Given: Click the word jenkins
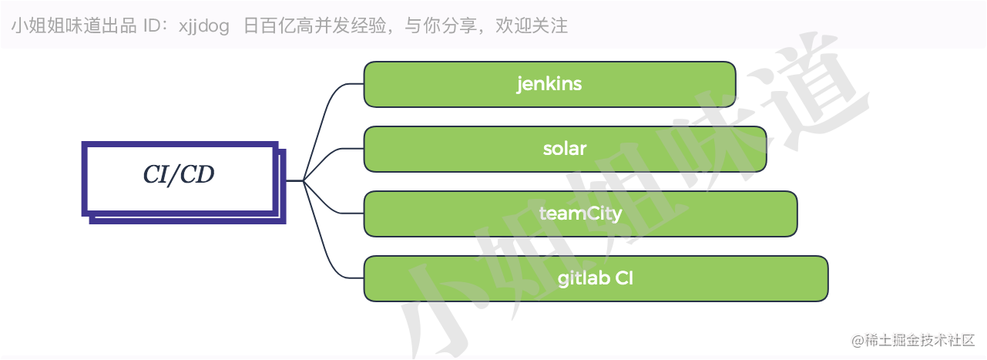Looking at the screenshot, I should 549,84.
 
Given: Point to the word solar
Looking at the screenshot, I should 565,149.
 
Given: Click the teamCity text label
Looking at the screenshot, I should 580,214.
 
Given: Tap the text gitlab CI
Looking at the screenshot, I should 596,278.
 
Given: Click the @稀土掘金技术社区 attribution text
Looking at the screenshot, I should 913,340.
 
